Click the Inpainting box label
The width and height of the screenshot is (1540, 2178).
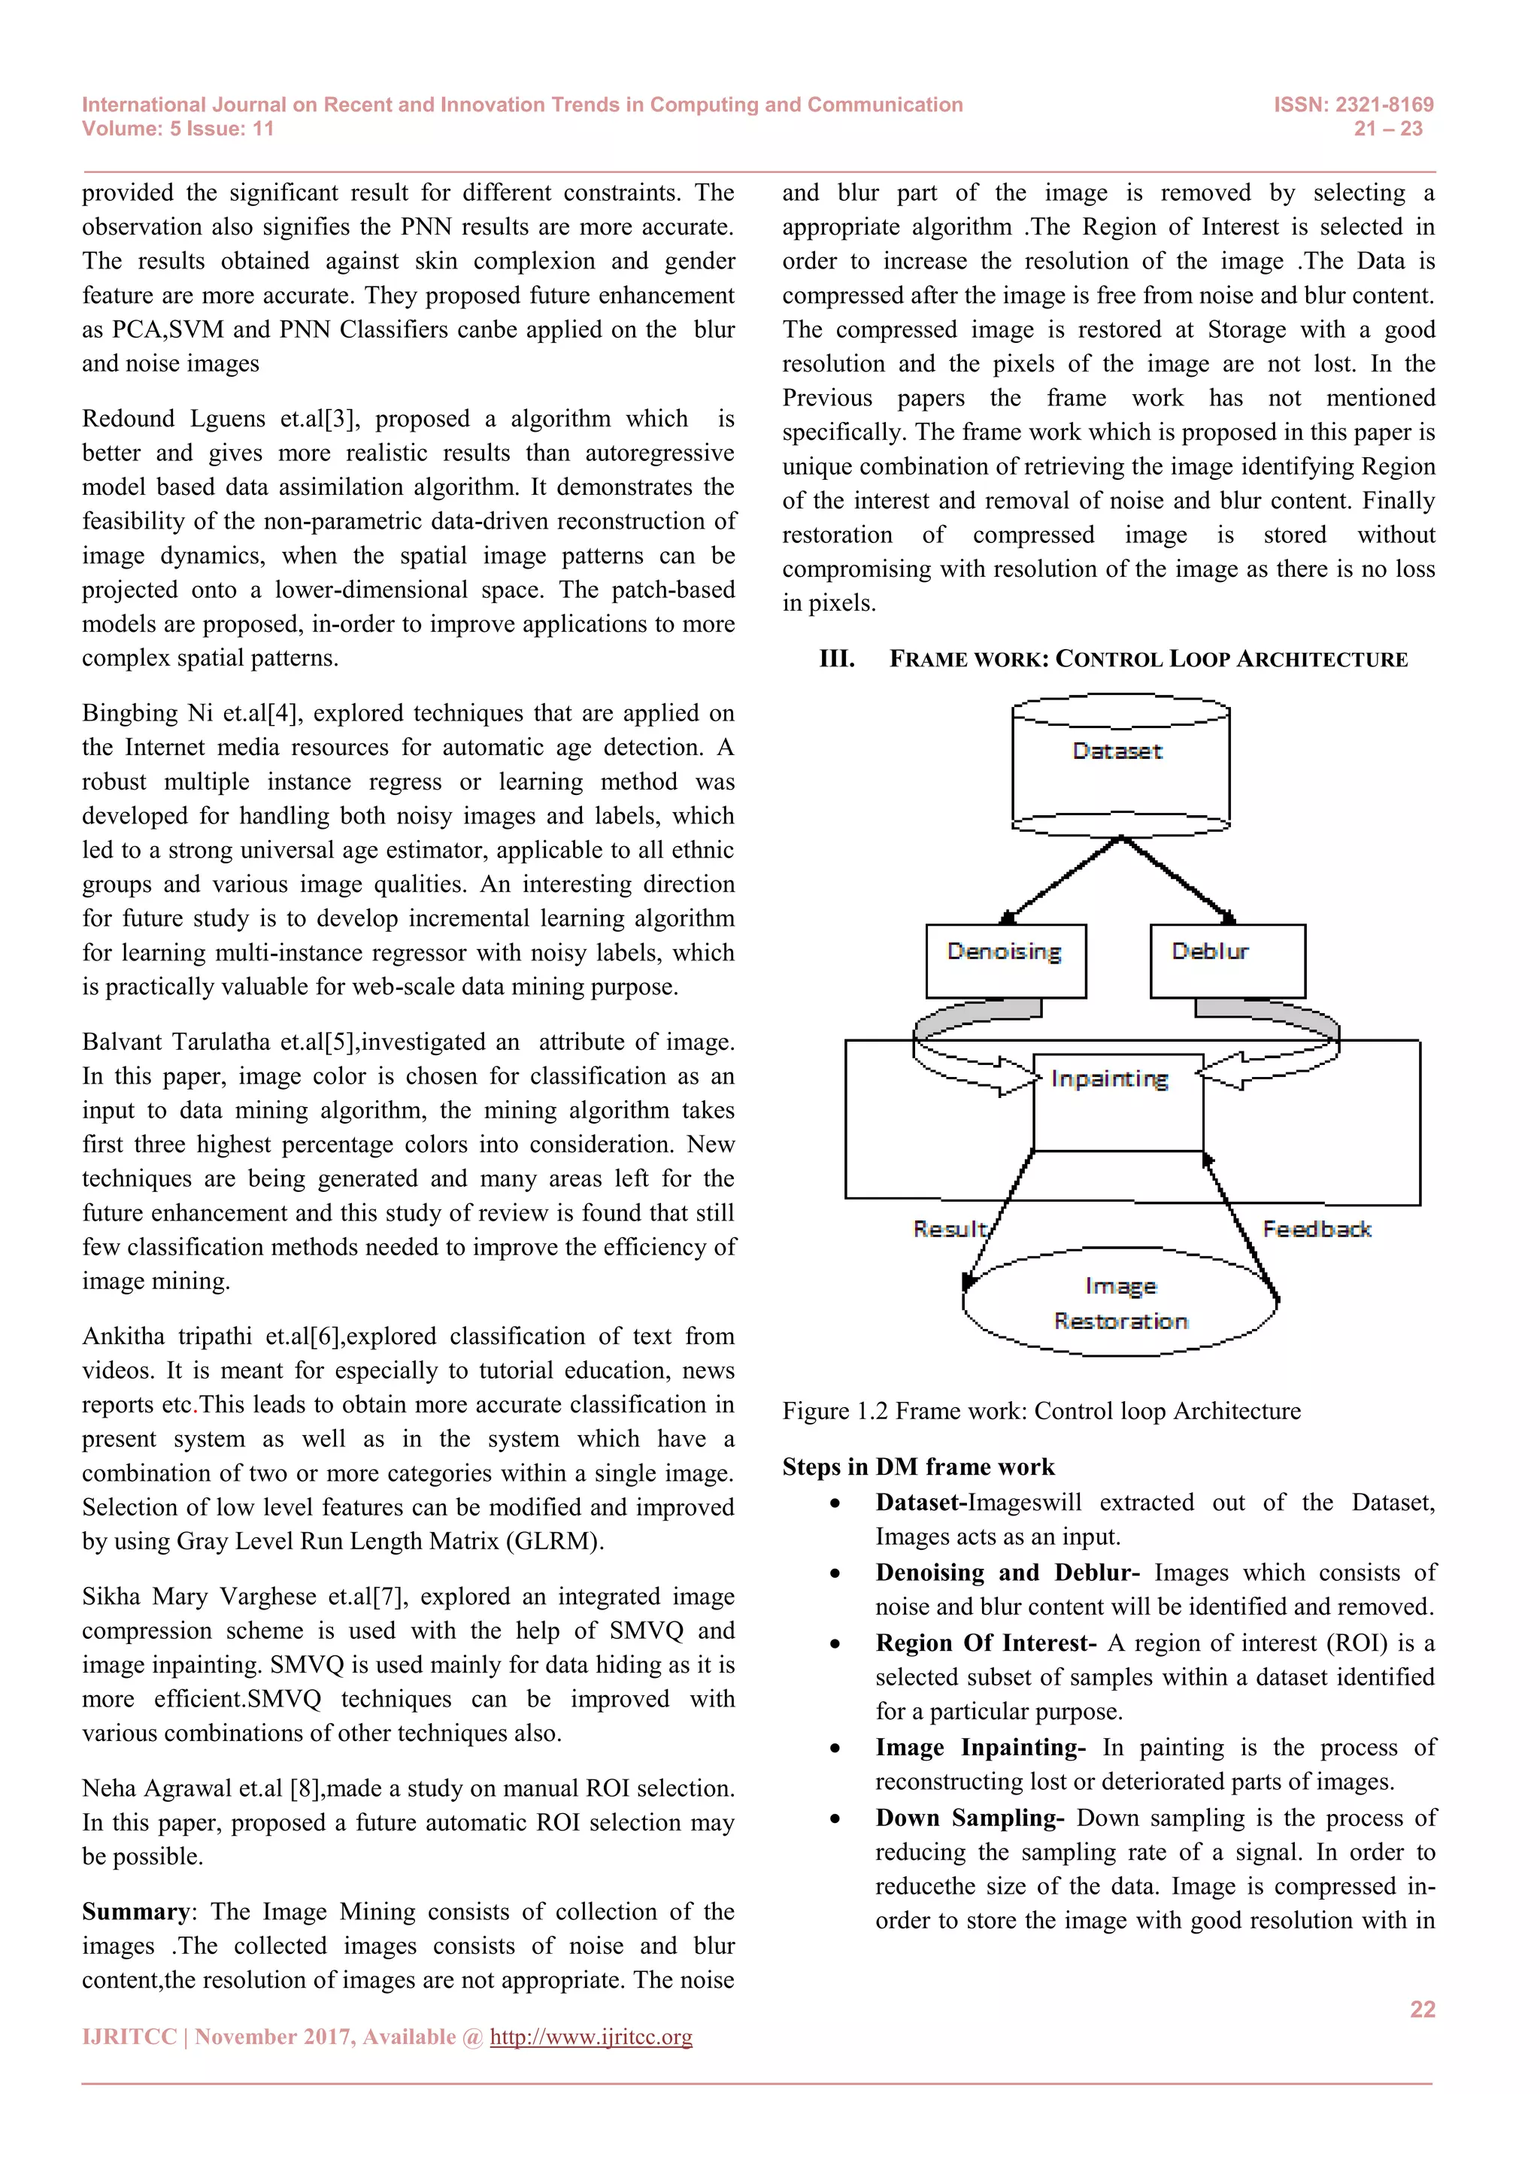(x=1109, y=1078)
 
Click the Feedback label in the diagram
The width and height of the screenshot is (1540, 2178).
(x=1316, y=1230)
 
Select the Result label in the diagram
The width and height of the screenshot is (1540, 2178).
(x=949, y=1230)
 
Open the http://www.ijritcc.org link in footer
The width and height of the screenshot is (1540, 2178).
(x=591, y=2037)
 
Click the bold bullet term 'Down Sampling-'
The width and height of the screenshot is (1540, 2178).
(x=969, y=1819)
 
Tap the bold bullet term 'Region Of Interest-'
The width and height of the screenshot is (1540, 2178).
(x=985, y=1643)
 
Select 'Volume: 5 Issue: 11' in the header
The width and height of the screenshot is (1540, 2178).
(x=177, y=129)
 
